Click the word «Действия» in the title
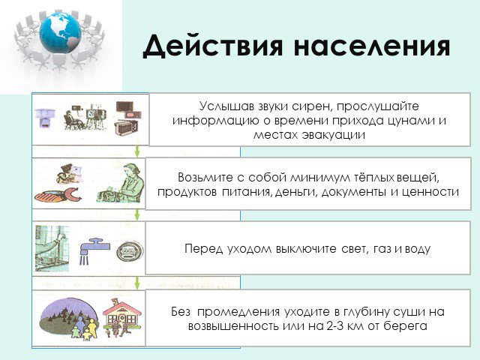[x=212, y=46]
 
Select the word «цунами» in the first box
[x=410, y=121]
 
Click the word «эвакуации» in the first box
[x=333, y=135]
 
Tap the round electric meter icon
[x=130, y=251]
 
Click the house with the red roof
[x=122, y=313]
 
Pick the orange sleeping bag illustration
[x=58, y=195]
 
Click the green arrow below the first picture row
[x=137, y=151]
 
